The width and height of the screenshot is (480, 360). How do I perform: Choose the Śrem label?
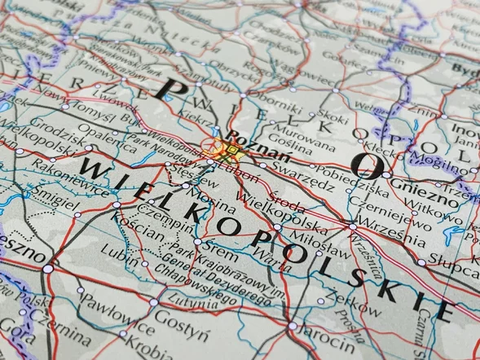pos(220,246)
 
